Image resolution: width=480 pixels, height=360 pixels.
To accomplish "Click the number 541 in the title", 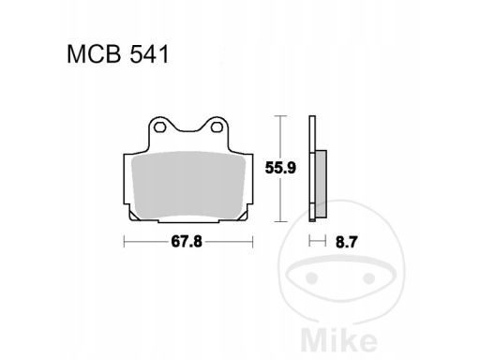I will pyautogui.click(x=142, y=55).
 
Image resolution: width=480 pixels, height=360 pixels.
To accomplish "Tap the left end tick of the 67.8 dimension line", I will pyautogui.click(x=125, y=243).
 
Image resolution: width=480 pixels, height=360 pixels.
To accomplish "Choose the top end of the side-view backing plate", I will pyautogui.click(x=312, y=116).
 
